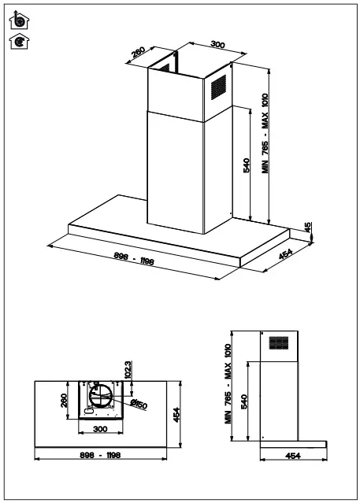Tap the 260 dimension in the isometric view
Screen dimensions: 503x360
(139, 54)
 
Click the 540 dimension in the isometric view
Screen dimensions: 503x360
(247, 165)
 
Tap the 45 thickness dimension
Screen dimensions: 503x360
(309, 229)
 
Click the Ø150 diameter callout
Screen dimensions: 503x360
(139, 405)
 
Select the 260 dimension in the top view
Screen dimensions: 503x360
(65, 401)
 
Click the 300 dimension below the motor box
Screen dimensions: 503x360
(100, 429)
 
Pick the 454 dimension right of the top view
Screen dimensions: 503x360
(177, 415)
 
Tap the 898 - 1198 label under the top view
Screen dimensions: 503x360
(100, 456)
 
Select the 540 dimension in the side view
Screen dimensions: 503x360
(244, 401)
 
